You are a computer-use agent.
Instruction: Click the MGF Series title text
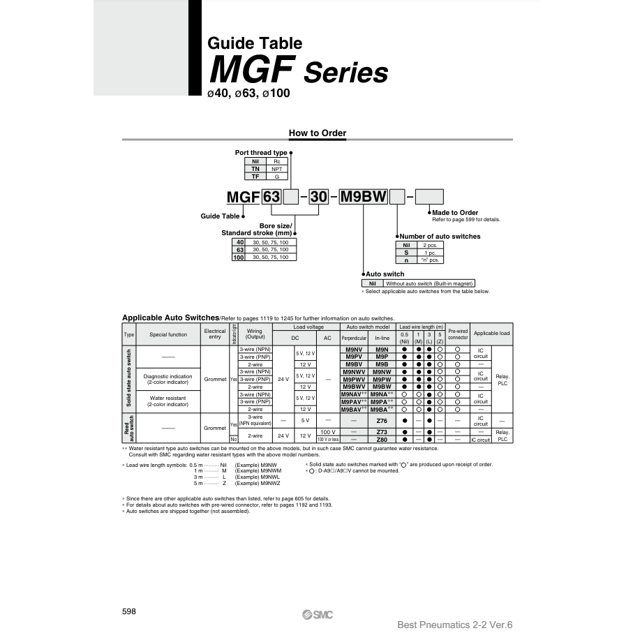[299, 70]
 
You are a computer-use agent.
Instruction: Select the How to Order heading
[318, 133]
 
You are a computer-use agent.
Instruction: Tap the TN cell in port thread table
[255, 169]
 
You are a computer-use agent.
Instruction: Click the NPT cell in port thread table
[276, 169]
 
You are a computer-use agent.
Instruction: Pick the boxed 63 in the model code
[271, 197]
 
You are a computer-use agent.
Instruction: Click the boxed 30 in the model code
[318, 197]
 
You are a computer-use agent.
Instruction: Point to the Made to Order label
[455, 212]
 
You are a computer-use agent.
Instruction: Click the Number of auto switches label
[440, 236]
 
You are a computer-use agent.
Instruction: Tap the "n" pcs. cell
[429, 260]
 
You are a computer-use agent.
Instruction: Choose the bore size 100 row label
[239, 257]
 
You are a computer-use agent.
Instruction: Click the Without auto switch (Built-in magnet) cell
[429, 283]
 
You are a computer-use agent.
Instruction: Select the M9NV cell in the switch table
[355, 349]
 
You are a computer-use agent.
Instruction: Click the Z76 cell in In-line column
[382, 421]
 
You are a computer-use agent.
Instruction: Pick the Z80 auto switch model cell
[382, 440]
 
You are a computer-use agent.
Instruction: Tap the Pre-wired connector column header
[458, 334]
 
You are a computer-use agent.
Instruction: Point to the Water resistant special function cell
[167, 401]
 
